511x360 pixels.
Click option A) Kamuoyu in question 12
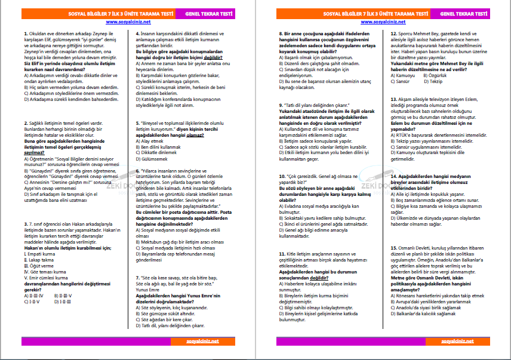pyautogui.click(x=404, y=75)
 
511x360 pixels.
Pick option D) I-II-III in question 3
pyautogui.click(x=64, y=301)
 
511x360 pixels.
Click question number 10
pyautogui.click(x=282, y=177)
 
